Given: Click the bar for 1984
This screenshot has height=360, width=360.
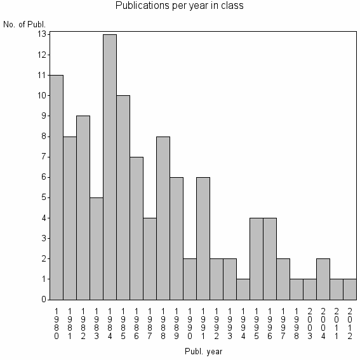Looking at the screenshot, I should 110,166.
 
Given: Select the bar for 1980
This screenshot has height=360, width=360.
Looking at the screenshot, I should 57,187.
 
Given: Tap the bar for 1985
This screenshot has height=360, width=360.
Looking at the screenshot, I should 123,197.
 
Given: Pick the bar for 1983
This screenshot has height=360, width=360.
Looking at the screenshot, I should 97,248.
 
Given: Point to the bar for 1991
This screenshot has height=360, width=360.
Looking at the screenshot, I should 203,237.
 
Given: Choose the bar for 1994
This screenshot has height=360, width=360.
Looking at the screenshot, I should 243,288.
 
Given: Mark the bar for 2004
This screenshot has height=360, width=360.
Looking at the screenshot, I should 323,278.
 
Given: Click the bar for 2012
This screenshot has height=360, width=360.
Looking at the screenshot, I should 350,288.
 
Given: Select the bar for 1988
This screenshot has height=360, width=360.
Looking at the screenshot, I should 163,217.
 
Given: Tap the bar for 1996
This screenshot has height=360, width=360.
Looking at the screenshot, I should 270,258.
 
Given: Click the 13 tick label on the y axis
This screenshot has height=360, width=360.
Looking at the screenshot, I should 43,34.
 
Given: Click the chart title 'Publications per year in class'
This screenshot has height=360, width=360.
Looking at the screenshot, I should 180,6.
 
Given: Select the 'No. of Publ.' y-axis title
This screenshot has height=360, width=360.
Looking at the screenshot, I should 25,25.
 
